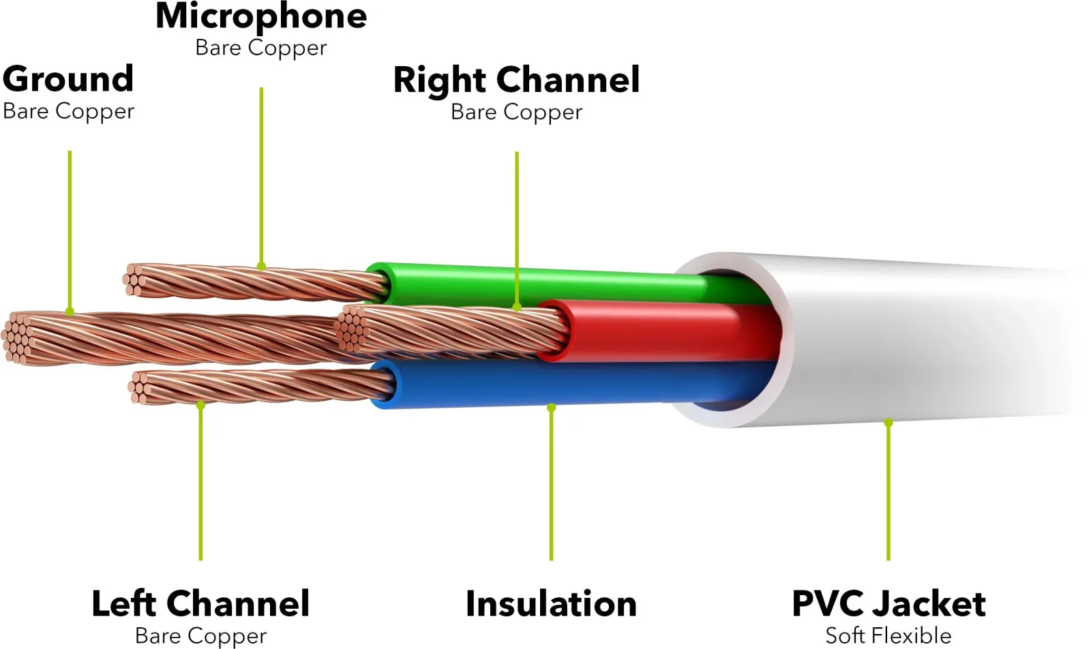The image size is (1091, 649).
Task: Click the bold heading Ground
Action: pos(68,79)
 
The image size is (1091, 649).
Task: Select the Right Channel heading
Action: pos(516,81)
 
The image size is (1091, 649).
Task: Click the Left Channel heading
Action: pos(200,604)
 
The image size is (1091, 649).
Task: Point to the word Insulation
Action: pos(551,604)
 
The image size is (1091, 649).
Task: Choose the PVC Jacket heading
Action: pos(889,604)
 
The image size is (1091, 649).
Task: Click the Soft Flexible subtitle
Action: pos(888,636)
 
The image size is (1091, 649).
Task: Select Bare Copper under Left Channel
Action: pos(200,636)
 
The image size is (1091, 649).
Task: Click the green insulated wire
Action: pos(560,287)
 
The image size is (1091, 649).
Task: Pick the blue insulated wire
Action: pos(560,384)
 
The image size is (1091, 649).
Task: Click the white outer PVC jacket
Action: pos(901,341)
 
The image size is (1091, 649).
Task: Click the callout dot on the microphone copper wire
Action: pos(262,267)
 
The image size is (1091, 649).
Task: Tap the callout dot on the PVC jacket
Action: pos(888,423)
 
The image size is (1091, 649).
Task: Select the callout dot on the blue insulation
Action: pos(551,408)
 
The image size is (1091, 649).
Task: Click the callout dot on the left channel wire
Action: pos(200,405)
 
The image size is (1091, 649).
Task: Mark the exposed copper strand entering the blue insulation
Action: pos(260,387)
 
